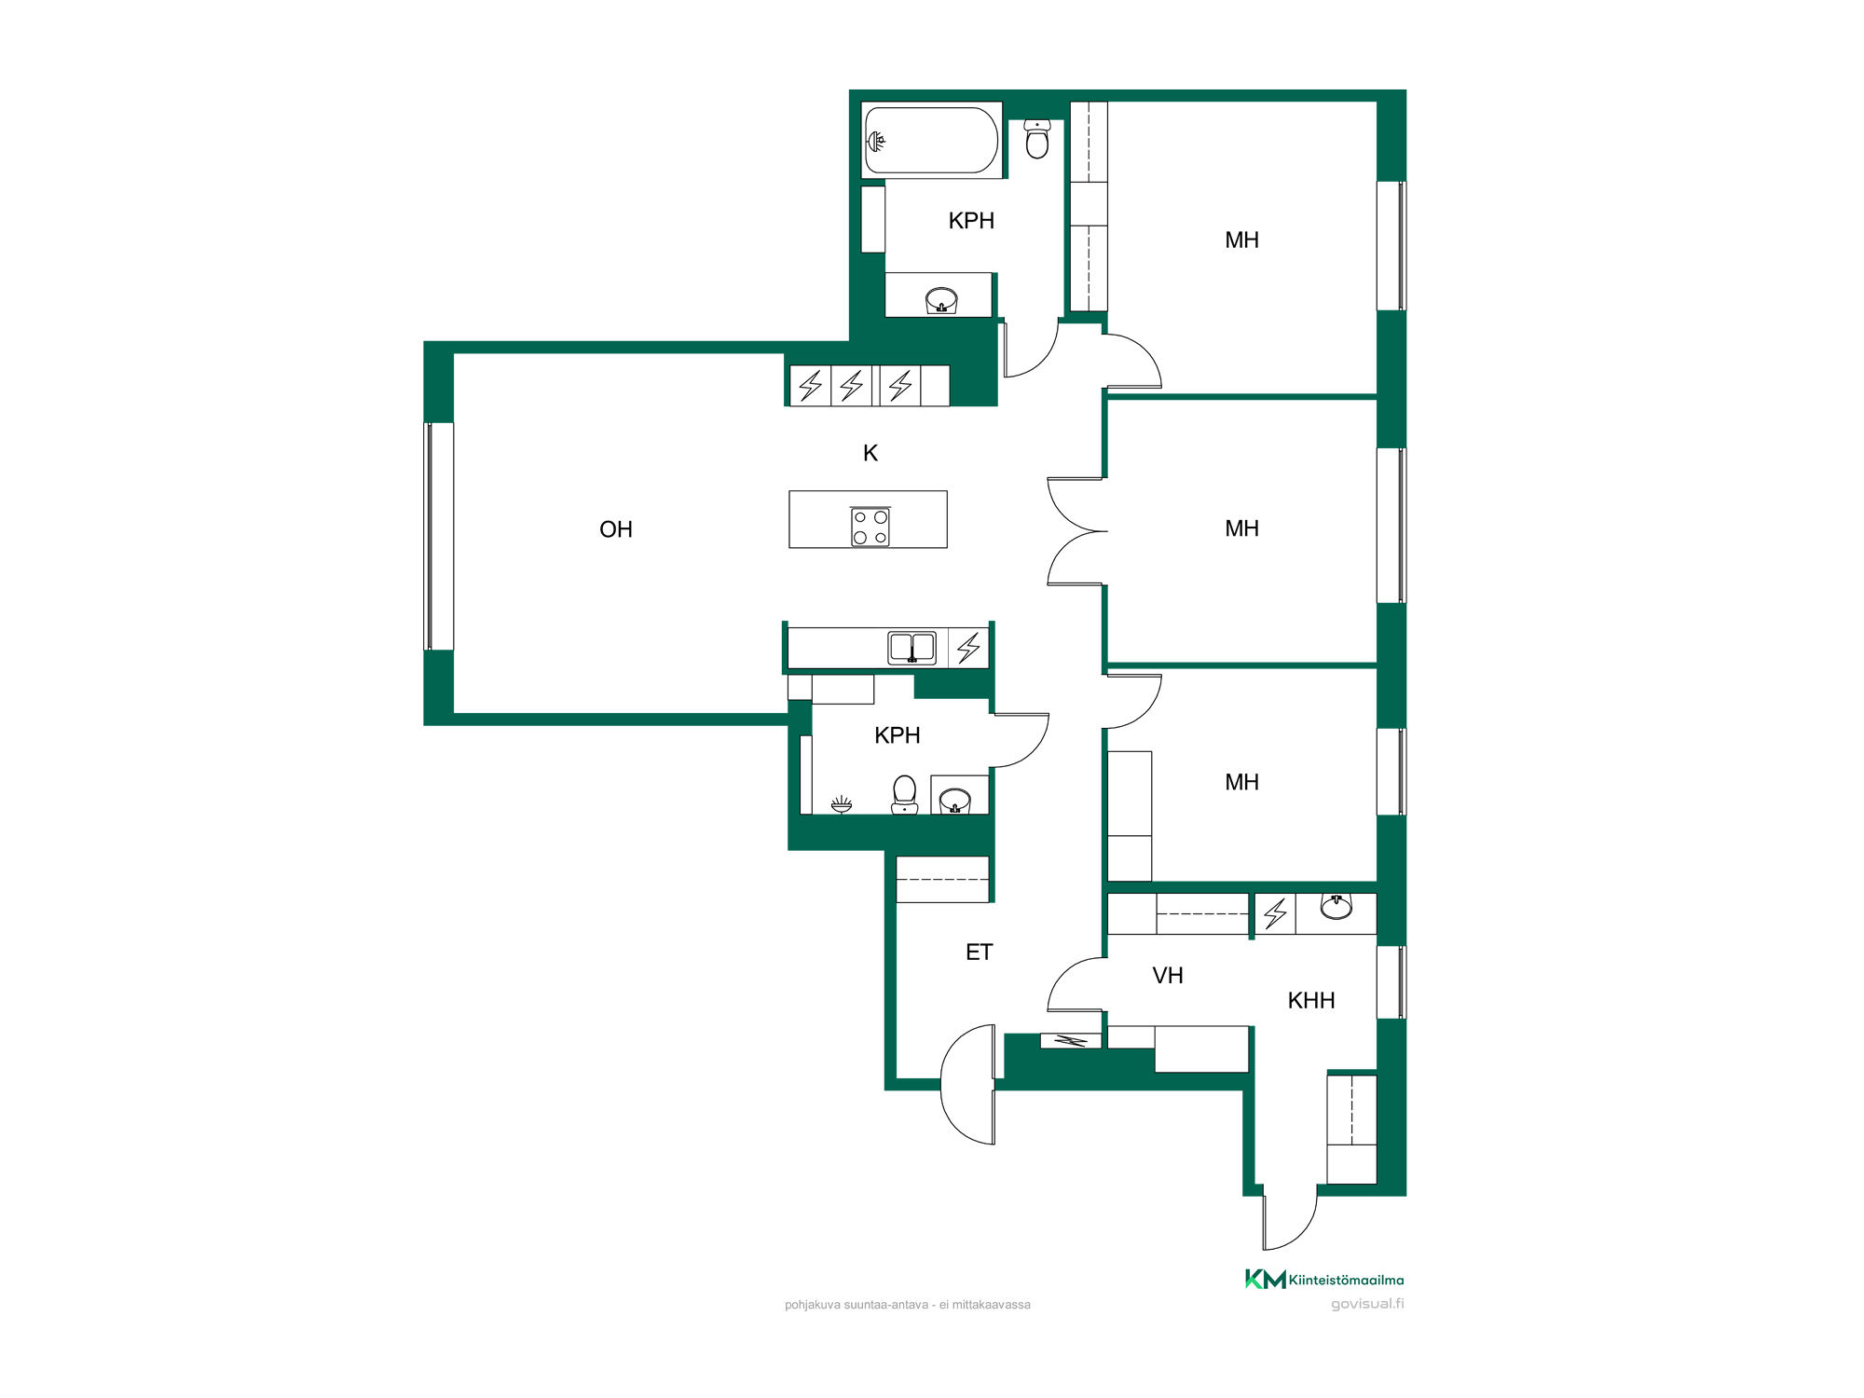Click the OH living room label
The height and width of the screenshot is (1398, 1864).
coord(616,529)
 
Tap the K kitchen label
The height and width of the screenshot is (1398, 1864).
coord(870,453)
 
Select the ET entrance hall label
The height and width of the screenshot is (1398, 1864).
coord(979,952)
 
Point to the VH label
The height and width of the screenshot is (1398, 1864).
coord(1168,976)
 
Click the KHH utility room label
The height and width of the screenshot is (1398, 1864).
coord(1311,1000)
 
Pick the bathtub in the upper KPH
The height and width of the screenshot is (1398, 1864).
coord(931,141)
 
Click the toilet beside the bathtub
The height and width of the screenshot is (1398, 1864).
coord(1037,139)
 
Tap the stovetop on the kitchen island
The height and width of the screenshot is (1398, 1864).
coord(870,527)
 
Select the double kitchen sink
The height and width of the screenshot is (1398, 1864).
coord(912,648)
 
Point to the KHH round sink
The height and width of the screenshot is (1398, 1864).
coord(1336,907)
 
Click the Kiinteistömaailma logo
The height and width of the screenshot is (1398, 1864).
coord(1324,1280)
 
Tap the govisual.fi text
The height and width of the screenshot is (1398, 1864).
coord(1367,1304)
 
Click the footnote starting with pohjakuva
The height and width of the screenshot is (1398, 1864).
coord(908,1305)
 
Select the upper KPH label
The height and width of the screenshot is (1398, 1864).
coord(971,221)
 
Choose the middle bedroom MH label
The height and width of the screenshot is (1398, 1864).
coord(1241,528)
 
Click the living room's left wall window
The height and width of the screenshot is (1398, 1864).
coord(439,536)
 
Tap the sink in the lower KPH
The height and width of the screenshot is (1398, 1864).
coord(955,800)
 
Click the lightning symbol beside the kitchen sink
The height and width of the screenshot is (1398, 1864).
coord(969,648)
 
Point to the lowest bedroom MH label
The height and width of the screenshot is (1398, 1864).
coord(1241,782)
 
